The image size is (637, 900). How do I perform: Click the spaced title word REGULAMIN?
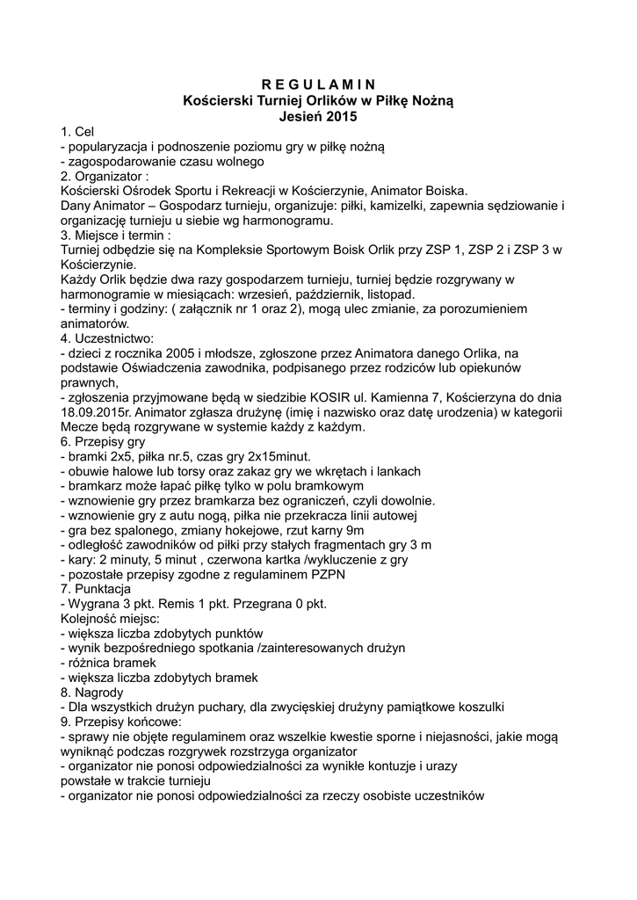click(318, 84)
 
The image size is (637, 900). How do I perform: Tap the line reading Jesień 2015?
click(318, 115)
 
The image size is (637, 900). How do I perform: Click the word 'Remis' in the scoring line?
click(187, 604)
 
